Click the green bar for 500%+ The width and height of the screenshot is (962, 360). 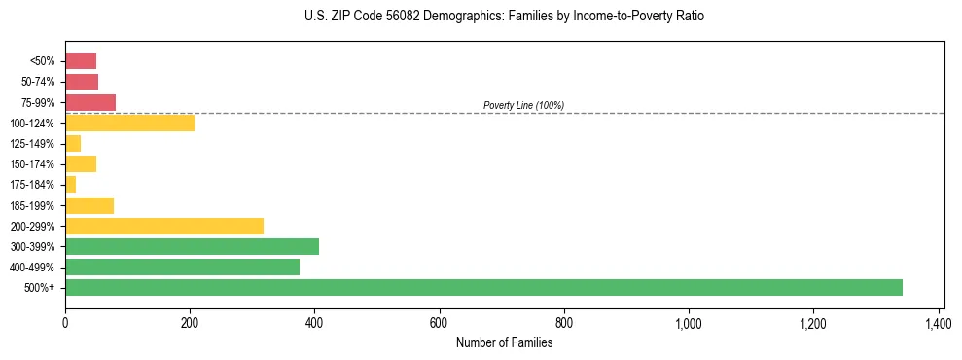(483, 287)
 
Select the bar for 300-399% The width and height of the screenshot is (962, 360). (192, 246)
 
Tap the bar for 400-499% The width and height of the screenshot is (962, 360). (182, 267)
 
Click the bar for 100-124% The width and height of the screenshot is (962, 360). (129, 123)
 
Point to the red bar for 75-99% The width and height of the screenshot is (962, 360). (90, 102)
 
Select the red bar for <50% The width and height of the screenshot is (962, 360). (81, 61)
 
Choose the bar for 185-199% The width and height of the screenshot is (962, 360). (89, 205)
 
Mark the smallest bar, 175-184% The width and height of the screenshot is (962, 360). (70, 185)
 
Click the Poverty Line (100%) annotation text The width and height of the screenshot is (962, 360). (523, 105)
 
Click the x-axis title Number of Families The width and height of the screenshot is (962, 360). (504, 342)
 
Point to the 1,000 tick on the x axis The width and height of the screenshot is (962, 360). (689, 321)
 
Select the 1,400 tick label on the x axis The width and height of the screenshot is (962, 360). (938, 321)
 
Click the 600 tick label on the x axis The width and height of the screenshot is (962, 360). (439, 321)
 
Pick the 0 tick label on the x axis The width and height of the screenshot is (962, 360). (65, 321)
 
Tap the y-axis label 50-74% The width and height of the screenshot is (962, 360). (39, 82)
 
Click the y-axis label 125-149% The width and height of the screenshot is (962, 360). (33, 144)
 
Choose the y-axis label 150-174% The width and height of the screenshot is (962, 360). (33, 164)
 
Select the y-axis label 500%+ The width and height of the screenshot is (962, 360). (40, 288)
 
